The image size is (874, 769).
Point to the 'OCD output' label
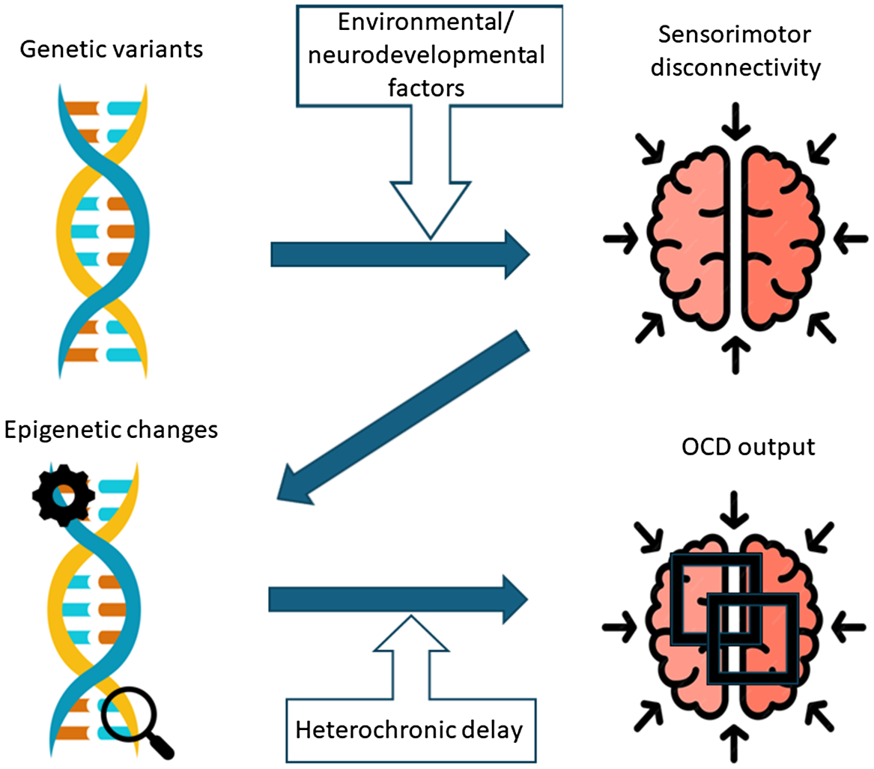click(x=735, y=455)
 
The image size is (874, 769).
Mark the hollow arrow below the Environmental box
click(x=430, y=180)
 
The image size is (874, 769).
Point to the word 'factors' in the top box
click(x=429, y=88)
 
